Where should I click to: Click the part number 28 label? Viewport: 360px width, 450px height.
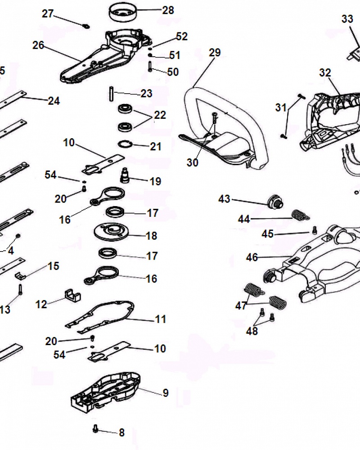[168, 10]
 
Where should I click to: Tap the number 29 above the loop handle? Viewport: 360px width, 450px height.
[215, 53]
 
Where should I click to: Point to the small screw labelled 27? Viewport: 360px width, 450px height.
[85, 25]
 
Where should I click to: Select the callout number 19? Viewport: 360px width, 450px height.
[155, 181]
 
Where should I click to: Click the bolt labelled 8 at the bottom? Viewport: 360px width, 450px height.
[95, 429]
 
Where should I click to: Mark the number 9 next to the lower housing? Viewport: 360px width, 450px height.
[166, 393]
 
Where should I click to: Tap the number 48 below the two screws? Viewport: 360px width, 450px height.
[252, 331]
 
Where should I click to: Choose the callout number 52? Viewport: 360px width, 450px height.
[182, 36]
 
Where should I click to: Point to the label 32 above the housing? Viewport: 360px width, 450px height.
[325, 73]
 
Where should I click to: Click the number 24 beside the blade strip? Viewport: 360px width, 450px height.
[54, 101]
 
